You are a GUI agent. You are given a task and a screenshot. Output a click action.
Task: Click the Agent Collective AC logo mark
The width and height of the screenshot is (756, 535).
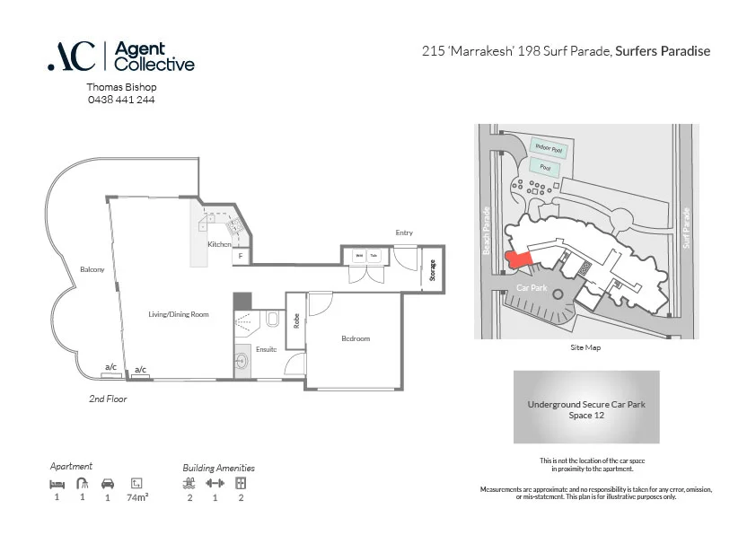pos(71,56)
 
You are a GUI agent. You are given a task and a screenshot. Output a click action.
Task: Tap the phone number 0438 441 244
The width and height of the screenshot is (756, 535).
pos(120,100)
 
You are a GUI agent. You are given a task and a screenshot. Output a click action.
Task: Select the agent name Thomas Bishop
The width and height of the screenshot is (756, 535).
pos(121,87)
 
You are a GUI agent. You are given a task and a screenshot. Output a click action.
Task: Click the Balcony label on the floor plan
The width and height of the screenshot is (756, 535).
pos(92,269)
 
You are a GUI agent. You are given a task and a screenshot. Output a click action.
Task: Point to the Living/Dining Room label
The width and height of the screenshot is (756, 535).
pos(179,314)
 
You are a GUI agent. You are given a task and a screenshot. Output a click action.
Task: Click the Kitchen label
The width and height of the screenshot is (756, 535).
pos(220,244)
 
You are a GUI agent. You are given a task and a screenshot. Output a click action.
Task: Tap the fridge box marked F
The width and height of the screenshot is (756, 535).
pos(240,257)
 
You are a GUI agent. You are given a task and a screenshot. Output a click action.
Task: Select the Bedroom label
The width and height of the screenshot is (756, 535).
pos(356,338)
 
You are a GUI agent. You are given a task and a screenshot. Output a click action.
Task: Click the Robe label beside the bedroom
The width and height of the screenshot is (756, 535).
pos(296,321)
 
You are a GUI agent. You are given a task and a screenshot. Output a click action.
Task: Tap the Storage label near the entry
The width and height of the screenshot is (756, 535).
pos(432,270)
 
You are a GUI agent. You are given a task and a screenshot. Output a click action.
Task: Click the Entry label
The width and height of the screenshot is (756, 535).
pos(404,233)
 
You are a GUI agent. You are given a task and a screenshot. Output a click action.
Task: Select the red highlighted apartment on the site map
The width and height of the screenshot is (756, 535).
pos(519,259)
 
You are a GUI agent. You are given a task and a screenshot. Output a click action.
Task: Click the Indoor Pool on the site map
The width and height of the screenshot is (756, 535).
pos(548,147)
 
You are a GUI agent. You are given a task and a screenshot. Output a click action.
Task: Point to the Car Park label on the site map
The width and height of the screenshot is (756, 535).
pos(532,287)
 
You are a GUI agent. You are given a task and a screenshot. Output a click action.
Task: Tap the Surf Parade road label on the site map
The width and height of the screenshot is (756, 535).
pos(686,229)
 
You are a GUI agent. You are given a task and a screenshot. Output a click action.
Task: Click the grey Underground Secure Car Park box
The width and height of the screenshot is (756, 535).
pos(586,408)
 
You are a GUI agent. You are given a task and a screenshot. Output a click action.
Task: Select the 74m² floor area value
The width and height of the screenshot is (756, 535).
pos(137,496)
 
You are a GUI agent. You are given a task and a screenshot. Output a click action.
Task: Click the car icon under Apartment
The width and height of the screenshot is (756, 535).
pos(108,483)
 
